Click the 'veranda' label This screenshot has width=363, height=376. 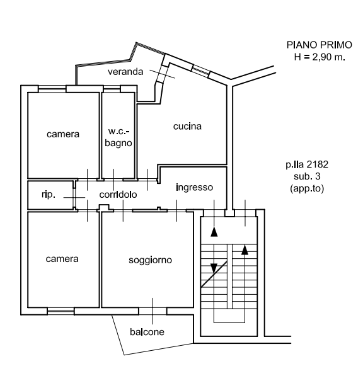125,72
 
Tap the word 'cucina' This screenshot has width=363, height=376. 187,127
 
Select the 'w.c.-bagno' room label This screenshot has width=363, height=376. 118,137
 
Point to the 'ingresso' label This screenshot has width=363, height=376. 194,188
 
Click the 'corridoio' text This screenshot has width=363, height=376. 118,195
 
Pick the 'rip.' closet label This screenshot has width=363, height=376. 49,195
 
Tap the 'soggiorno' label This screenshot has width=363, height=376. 150,260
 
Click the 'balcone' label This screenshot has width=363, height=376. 147,332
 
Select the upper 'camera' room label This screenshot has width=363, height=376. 63,134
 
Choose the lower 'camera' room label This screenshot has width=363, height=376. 62,259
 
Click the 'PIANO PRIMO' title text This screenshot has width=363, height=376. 320,45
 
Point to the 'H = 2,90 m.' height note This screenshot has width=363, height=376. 320,57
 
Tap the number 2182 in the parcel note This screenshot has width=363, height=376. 318,164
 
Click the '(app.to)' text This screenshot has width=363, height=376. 307,188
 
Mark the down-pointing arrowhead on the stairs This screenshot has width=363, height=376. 214,268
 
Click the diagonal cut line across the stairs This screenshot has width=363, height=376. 214,274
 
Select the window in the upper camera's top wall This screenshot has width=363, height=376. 52,89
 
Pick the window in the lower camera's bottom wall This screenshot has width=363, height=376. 60,311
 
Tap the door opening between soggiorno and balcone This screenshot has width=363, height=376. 153,311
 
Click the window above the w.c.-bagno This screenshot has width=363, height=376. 112,89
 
